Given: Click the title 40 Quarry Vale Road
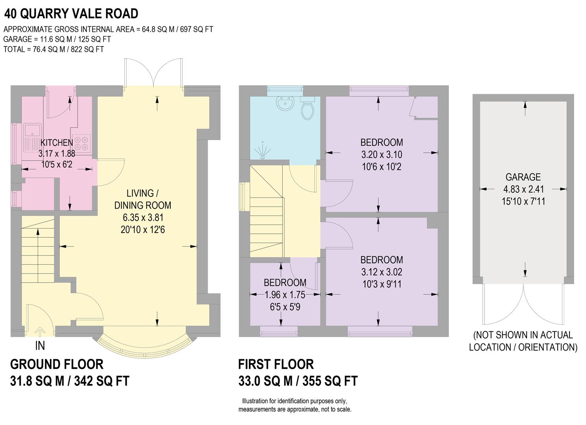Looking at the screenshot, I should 71,13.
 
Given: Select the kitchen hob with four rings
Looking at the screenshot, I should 81,143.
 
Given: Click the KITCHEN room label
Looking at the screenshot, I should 57,142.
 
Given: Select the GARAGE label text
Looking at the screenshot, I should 523,177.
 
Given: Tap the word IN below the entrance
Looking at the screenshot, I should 40,346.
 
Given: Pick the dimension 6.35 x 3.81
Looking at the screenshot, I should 142,217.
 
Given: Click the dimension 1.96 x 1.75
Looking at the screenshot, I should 285,294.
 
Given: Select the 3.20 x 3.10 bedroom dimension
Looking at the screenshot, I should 381,154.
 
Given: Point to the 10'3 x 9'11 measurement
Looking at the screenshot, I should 381,284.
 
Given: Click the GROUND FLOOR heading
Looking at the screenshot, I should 57,364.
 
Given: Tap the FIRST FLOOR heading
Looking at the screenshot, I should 276,364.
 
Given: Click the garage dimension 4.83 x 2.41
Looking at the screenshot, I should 523,189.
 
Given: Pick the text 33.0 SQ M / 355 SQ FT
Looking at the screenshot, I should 298,381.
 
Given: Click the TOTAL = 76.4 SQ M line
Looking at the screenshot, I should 53,49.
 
